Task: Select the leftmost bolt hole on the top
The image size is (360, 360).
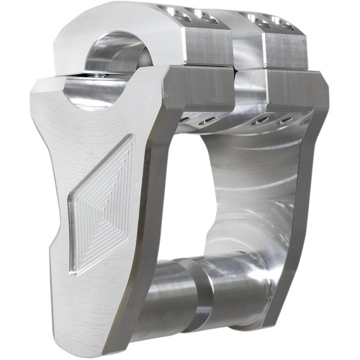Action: click(x=173, y=12)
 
